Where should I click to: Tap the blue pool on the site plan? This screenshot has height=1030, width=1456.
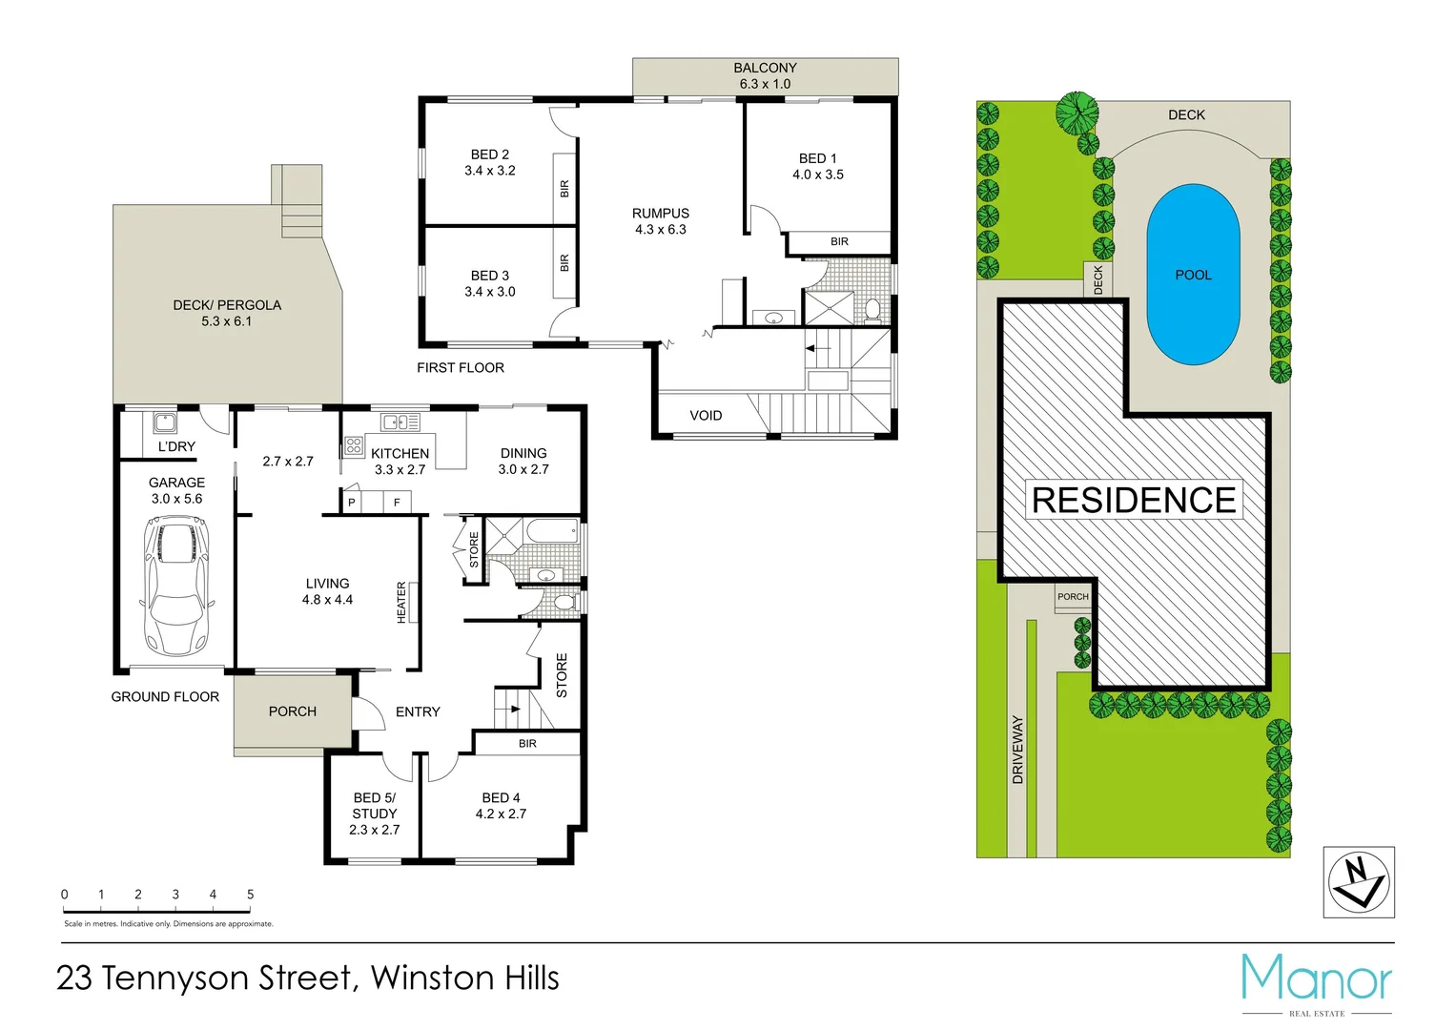click(x=1193, y=275)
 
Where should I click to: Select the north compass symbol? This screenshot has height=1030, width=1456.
click(x=1360, y=882)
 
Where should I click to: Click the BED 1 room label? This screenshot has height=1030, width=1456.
click(x=818, y=166)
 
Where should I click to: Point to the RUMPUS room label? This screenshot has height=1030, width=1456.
click(x=661, y=221)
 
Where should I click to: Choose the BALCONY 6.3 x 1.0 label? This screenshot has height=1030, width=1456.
click(x=765, y=75)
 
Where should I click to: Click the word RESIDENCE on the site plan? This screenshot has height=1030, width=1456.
click(x=1134, y=500)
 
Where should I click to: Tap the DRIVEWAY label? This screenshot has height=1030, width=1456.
click(x=1017, y=750)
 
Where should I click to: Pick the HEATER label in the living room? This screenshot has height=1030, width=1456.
click(x=401, y=603)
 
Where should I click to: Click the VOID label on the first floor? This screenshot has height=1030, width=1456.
click(x=706, y=416)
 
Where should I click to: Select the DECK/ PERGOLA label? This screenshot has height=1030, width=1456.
click(x=227, y=313)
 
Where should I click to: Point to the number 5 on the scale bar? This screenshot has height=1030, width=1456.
click(x=251, y=895)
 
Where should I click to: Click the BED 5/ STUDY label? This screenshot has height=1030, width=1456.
click(x=375, y=814)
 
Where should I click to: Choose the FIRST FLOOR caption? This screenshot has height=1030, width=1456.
click(x=461, y=368)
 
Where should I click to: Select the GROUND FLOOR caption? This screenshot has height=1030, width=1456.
click(x=165, y=697)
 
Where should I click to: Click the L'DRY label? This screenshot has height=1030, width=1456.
click(x=176, y=446)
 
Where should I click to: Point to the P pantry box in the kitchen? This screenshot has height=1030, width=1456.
click(x=352, y=502)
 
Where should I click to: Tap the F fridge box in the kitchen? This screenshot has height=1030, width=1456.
click(x=397, y=502)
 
